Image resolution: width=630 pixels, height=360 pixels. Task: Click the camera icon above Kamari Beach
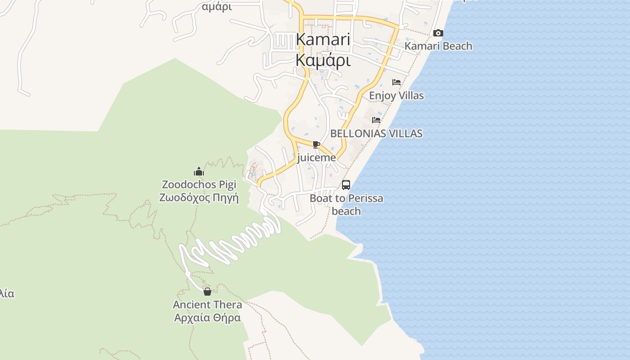(438, 33)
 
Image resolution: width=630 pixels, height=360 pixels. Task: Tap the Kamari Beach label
(438, 46)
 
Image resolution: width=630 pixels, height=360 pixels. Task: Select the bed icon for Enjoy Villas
(396, 82)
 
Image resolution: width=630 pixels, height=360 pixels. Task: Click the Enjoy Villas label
(396, 95)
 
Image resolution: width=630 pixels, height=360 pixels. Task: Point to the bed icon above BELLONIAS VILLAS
(376, 120)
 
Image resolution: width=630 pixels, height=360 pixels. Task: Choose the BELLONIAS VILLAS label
(376, 133)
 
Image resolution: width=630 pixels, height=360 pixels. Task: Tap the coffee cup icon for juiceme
(316, 144)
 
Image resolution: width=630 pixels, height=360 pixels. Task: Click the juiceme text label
(316, 157)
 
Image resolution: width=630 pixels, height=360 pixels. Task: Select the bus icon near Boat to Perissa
(346, 185)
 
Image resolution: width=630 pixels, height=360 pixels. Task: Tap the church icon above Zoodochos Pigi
(199, 171)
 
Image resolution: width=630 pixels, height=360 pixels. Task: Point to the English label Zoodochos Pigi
(199, 184)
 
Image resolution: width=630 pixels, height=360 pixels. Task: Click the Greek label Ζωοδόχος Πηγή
(199, 198)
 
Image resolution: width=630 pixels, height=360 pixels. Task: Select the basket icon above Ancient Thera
(207, 292)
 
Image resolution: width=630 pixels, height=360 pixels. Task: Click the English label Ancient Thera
(207, 305)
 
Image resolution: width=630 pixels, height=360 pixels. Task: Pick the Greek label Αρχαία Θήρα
(207, 318)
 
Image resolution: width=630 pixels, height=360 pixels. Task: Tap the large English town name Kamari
(323, 39)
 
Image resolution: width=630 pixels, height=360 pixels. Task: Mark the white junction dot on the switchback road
(188, 274)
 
